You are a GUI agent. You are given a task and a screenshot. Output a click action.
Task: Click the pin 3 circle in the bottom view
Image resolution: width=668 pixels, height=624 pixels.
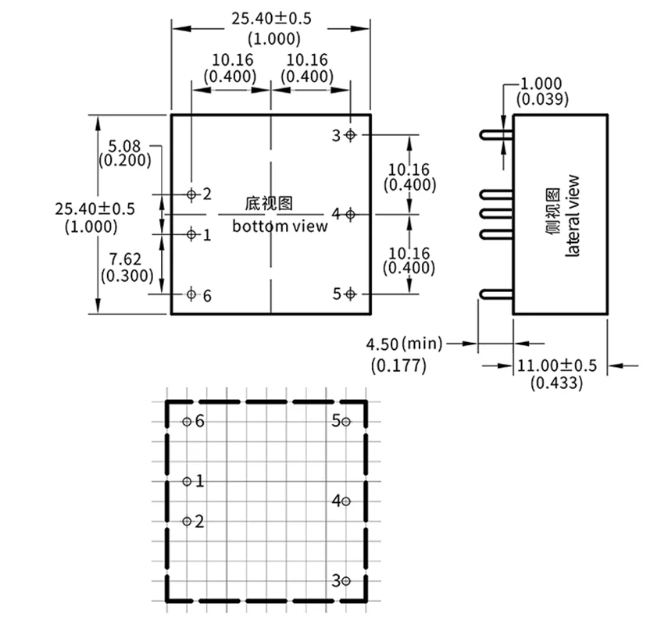[x=351, y=135]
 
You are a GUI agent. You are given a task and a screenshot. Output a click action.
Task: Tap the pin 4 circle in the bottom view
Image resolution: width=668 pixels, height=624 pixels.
[x=351, y=213]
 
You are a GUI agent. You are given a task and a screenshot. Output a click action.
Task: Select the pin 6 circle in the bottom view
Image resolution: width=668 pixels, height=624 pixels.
[x=191, y=294]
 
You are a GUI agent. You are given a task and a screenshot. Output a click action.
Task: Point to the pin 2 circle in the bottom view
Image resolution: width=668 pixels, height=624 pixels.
[x=191, y=194]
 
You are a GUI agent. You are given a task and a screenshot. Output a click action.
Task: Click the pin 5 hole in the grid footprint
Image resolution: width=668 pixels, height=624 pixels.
[x=346, y=422]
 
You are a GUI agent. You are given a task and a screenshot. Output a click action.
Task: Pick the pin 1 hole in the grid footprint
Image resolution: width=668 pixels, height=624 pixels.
[x=187, y=482]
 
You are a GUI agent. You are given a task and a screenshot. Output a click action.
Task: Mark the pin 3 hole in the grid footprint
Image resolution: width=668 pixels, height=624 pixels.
[x=346, y=580]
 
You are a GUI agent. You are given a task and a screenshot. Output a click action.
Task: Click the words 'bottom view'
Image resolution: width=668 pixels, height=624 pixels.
[x=280, y=226]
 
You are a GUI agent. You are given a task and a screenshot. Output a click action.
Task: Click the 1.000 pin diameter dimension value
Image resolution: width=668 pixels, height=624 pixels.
[x=541, y=84]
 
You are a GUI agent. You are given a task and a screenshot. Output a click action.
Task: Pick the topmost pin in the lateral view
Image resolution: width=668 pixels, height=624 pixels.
[x=496, y=135]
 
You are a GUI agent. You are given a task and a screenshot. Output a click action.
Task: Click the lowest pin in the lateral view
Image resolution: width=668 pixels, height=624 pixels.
[x=496, y=294]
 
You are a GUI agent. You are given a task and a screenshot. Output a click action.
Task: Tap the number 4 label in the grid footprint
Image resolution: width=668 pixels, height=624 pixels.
[x=335, y=501]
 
